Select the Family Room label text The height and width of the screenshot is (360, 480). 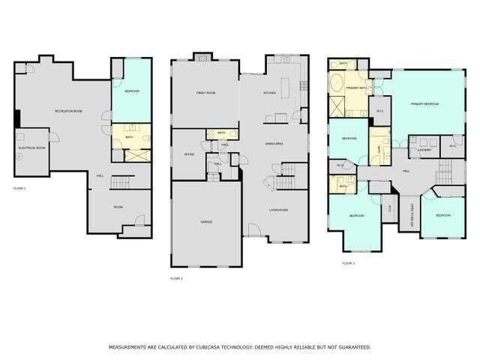205,92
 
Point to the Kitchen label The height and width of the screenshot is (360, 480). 269,93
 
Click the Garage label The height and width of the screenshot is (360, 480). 205,222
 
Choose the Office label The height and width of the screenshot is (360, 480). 189,154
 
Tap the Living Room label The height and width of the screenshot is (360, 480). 280,210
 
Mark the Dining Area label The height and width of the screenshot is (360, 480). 274,142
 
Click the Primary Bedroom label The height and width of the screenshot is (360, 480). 424,103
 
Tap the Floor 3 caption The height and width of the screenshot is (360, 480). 348,263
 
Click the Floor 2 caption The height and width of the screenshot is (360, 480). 177,278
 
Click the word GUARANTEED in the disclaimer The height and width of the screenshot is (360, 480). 350,347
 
